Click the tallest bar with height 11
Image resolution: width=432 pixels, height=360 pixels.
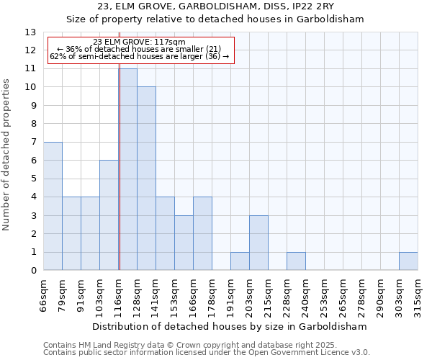[128, 169]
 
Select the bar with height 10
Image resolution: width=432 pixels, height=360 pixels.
[146, 179]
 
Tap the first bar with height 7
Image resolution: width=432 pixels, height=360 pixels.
[53, 206]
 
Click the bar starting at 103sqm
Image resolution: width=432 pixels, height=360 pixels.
[109, 215]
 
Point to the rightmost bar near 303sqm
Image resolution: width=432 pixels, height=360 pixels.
[408, 261]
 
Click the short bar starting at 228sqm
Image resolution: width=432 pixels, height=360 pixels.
[296, 261]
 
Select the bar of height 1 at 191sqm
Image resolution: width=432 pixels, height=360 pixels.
[240, 261]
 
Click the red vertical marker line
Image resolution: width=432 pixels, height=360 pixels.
[120, 166]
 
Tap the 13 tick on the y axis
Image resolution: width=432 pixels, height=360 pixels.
[30, 32]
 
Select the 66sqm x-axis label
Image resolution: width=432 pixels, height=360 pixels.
[44, 293]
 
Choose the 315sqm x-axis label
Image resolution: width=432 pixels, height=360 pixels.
[418, 293]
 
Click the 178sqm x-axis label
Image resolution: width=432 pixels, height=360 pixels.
[212, 293]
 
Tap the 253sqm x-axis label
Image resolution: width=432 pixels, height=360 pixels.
[325, 293]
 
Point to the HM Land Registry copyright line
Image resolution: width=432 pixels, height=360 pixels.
[190, 346]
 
